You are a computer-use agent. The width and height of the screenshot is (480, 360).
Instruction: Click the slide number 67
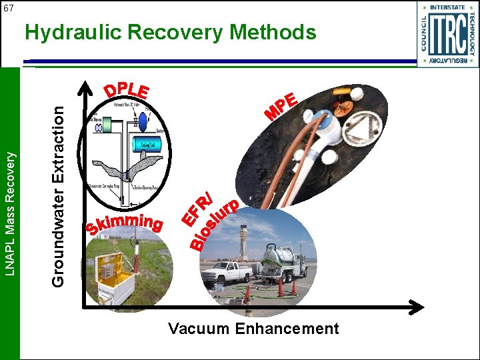coord(9,7)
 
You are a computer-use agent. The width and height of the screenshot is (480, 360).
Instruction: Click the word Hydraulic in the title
coord(74,32)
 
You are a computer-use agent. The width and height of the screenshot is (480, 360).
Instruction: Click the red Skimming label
coord(125,225)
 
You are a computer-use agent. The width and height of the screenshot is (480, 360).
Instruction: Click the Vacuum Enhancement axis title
coord(253,329)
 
